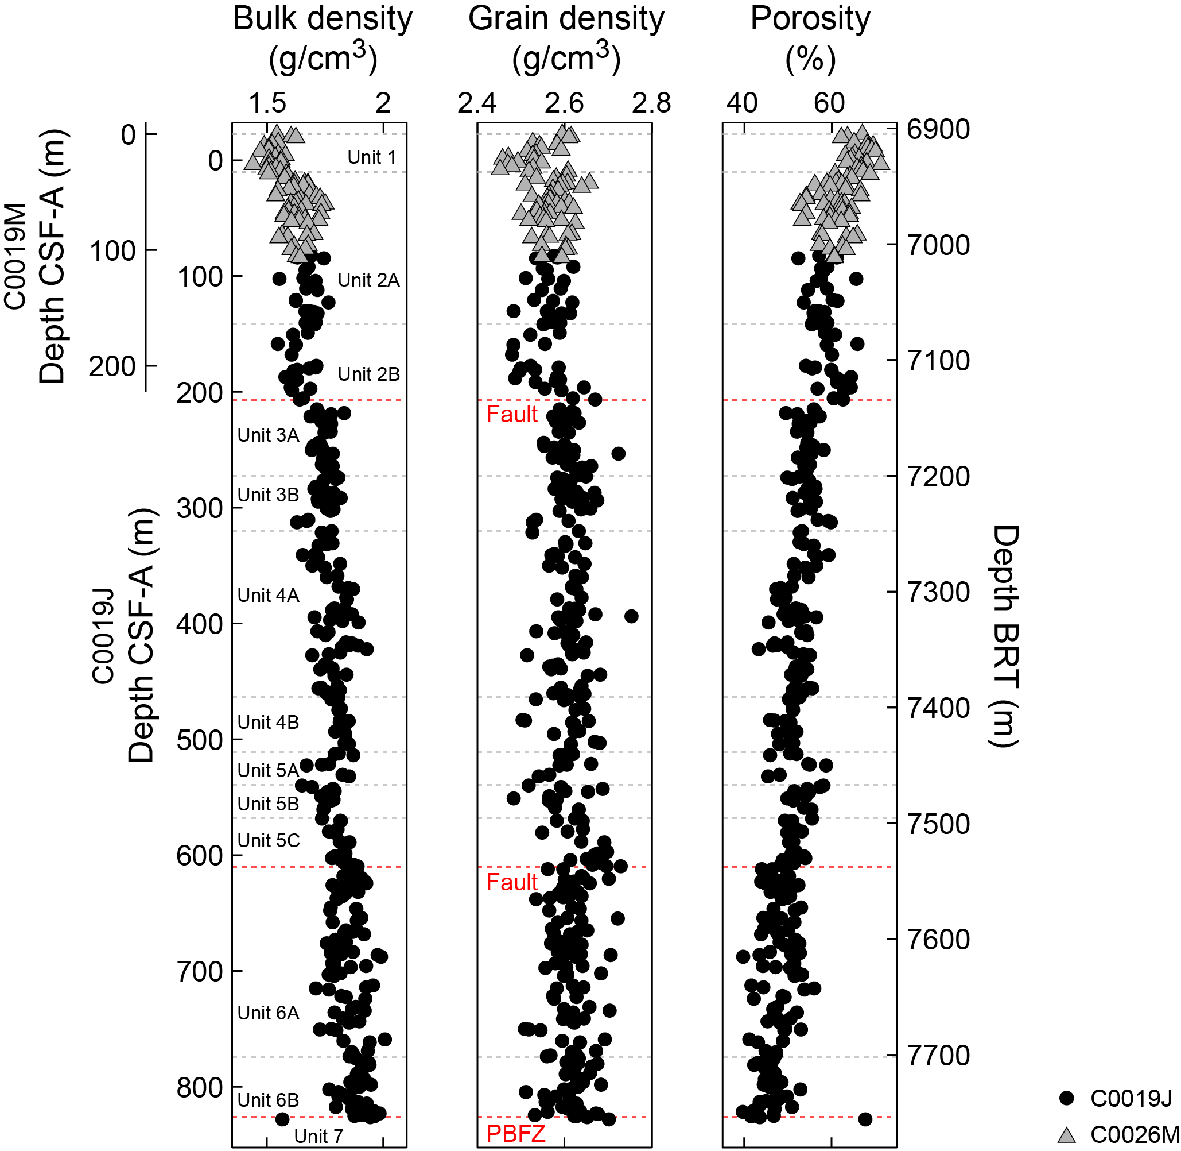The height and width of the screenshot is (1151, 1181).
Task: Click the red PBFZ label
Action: (515, 1133)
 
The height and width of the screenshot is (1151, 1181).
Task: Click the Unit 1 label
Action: (371, 157)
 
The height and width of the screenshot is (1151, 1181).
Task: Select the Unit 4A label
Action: (268, 596)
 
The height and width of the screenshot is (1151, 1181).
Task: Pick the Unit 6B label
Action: (268, 1100)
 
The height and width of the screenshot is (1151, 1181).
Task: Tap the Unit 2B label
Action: (368, 374)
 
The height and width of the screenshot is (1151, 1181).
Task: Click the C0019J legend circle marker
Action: (1067, 1098)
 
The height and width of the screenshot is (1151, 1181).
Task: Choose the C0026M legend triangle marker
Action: (1067, 1135)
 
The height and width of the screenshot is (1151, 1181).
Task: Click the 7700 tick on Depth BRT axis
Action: (938, 1055)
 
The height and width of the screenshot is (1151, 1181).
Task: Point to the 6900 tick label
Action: (938, 129)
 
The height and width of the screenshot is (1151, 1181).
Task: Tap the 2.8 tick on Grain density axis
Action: (651, 103)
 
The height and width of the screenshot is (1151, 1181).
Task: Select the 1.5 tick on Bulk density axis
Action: (267, 103)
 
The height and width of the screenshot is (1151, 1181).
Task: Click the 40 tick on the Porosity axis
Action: (743, 103)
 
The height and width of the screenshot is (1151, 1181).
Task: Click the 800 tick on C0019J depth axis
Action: (200, 1087)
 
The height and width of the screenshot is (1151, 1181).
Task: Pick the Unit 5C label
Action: (268, 840)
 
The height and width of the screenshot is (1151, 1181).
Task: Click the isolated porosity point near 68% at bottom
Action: (865, 1119)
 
